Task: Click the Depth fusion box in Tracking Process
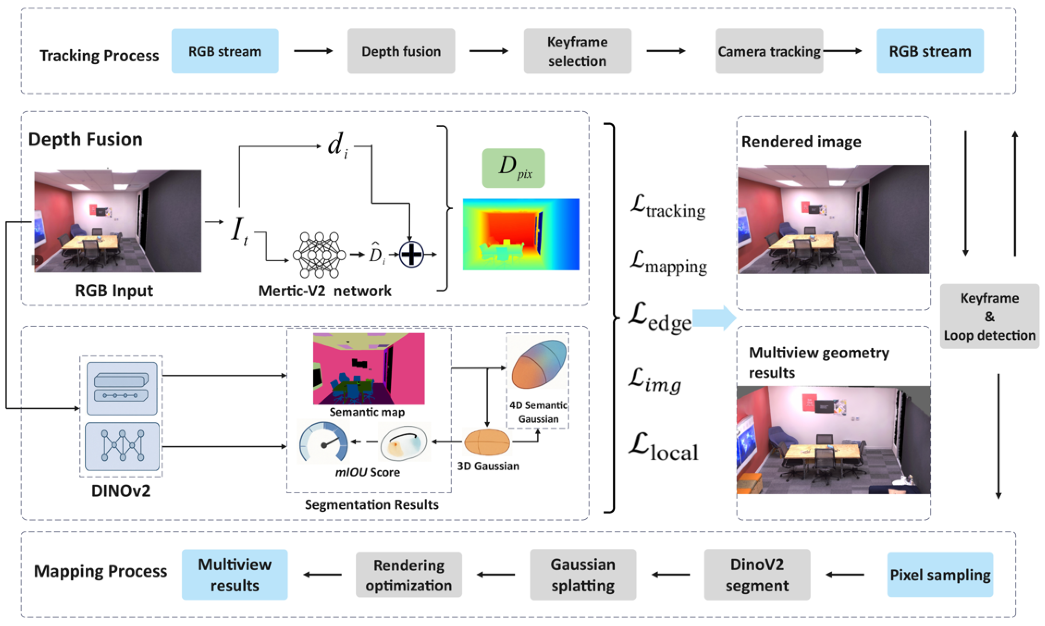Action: (401, 51)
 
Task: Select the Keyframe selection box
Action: (577, 51)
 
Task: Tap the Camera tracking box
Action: (769, 51)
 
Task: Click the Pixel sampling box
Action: (940, 575)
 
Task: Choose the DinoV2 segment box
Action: (757, 575)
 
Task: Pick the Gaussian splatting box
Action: (583, 575)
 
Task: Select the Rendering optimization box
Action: (409, 575)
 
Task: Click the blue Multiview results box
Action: (235, 575)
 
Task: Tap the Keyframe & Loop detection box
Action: (990, 316)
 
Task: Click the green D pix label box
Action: (513, 168)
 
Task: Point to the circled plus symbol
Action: (411, 254)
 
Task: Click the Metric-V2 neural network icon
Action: (319, 255)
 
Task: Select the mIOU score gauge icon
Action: (323, 443)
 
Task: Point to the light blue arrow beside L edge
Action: (715, 318)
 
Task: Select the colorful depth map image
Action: (521, 234)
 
